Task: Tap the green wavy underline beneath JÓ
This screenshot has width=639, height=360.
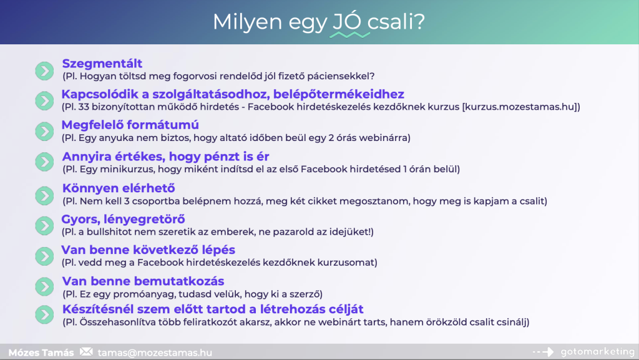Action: pos(349,35)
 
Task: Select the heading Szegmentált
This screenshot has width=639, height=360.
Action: pos(102,64)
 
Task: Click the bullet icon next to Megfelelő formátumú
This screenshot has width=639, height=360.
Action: pos(44,131)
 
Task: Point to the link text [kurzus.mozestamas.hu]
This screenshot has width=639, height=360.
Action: pos(521,107)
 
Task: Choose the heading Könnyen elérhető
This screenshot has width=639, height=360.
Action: pos(119,188)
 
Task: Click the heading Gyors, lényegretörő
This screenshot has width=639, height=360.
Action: pos(123,219)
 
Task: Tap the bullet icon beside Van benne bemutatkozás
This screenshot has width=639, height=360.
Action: pos(44,286)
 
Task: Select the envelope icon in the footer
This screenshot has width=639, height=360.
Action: pos(86,352)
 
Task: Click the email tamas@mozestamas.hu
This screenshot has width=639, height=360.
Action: pos(155,353)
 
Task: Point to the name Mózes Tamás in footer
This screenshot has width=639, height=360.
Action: pos(41,353)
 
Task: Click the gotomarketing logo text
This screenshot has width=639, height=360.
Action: pos(597,351)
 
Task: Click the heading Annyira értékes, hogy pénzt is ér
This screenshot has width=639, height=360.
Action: pos(165,157)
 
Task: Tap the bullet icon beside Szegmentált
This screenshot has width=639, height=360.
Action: pos(44,71)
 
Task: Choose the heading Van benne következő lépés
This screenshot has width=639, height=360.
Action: pos(149,250)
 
